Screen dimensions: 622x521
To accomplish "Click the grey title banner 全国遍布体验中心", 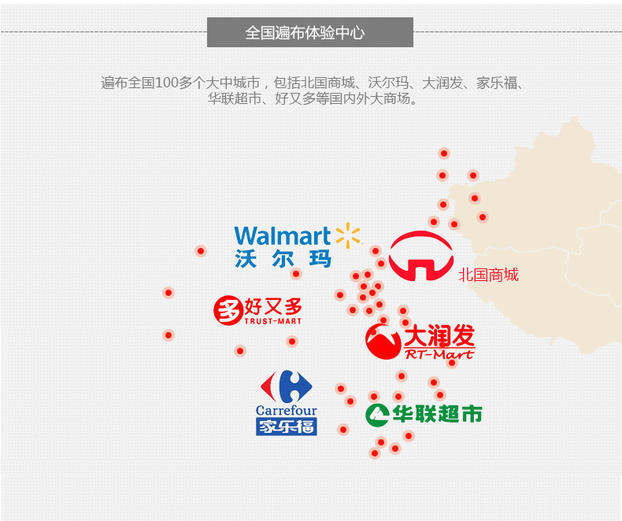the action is point(309,32).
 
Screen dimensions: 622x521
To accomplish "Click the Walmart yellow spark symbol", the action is point(348,235).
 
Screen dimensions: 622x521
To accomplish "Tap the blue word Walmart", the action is point(283,236).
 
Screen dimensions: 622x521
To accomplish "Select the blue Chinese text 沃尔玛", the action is point(283,259).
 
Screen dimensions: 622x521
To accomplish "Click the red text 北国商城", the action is point(488,275).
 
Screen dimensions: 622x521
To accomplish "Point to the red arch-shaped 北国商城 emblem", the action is point(421,256).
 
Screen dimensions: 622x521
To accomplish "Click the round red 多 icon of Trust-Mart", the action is point(228,310).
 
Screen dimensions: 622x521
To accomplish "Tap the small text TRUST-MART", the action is point(273,321).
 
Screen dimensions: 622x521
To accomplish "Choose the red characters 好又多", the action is point(273,306).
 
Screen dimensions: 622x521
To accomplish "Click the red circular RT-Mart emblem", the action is point(383,342).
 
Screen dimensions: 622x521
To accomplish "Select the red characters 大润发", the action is point(439,335).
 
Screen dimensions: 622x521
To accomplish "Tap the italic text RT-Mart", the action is point(439,353).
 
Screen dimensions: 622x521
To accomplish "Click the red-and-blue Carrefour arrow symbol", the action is point(286,386).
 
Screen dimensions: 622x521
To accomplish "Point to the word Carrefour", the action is point(287,410).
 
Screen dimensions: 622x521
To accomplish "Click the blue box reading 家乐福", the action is point(287,427).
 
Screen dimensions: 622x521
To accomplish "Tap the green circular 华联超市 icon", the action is point(377,415).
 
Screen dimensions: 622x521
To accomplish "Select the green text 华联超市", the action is point(437,414).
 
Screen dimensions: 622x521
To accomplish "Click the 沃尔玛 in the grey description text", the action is point(388,83).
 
